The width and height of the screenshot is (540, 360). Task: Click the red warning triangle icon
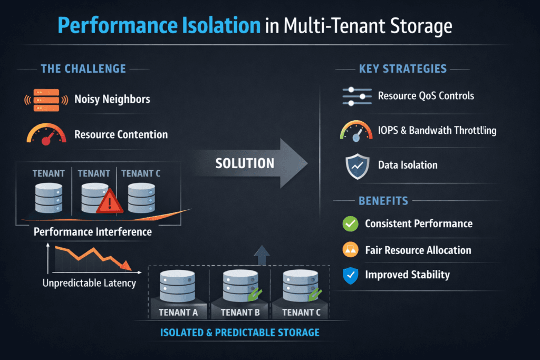pyautogui.click(x=109, y=201)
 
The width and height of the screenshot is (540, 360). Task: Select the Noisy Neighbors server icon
pyautogui.click(x=46, y=100)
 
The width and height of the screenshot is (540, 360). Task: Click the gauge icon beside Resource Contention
pyautogui.click(x=46, y=134)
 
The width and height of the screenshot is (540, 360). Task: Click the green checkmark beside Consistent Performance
pyautogui.click(x=350, y=223)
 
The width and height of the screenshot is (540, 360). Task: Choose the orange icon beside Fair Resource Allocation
pyautogui.click(x=350, y=250)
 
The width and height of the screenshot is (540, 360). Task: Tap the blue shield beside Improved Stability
pyautogui.click(x=350, y=275)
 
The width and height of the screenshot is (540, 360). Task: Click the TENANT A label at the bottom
pyautogui.click(x=178, y=312)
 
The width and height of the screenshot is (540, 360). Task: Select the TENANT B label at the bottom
pyautogui.click(x=240, y=312)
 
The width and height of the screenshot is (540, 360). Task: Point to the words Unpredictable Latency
pyautogui.click(x=89, y=283)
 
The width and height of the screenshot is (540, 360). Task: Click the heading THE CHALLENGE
pyautogui.click(x=83, y=69)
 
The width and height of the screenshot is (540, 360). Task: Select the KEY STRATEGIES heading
pyautogui.click(x=402, y=69)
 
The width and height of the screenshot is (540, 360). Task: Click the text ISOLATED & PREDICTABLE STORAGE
pyautogui.click(x=239, y=333)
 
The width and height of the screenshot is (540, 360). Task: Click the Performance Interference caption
pyautogui.click(x=92, y=232)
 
